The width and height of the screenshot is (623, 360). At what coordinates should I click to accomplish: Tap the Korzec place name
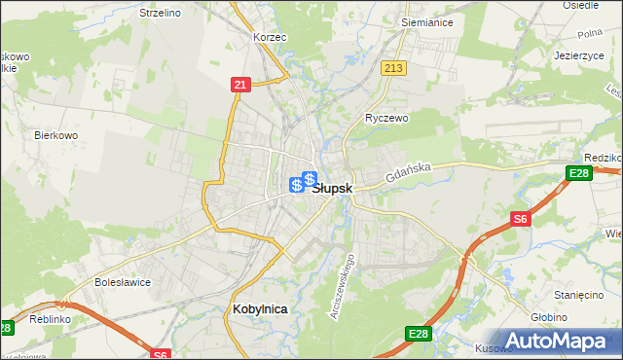coord(269,36)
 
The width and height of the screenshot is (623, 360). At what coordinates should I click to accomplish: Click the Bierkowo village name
coord(55,135)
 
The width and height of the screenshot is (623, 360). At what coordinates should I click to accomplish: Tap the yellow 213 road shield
coord(394,67)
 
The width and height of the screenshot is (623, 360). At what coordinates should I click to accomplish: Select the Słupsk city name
coord(338,188)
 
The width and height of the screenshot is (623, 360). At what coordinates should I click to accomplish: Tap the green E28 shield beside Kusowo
coord(418,334)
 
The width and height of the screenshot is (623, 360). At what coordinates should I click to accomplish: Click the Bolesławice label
coord(120,282)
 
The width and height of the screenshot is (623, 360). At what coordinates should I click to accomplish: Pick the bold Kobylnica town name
coord(260,308)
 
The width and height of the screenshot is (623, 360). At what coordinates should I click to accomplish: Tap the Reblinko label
coord(50,319)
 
